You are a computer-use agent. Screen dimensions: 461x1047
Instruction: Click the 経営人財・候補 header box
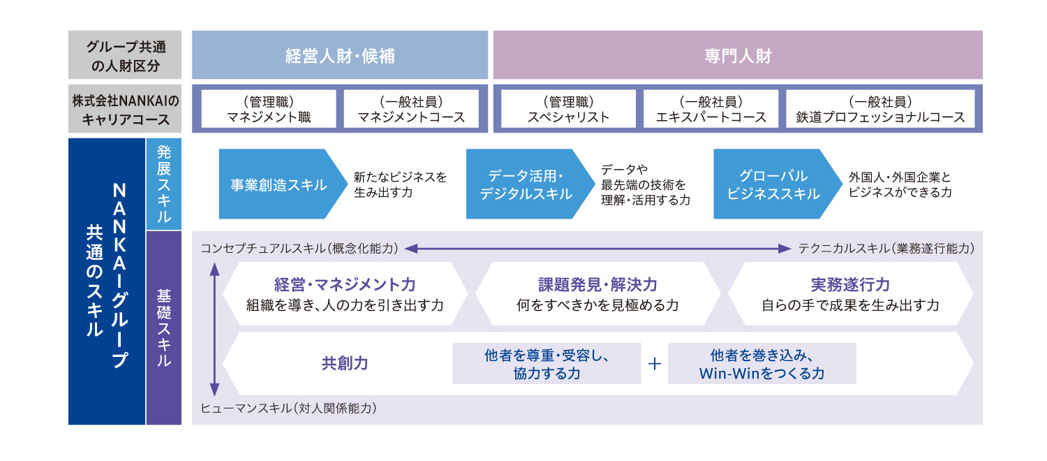point(340,55)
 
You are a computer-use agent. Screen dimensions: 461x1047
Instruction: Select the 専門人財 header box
point(738,55)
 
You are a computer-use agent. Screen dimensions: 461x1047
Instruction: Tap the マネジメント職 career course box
point(269,109)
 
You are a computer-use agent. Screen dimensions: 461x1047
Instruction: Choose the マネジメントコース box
point(411,109)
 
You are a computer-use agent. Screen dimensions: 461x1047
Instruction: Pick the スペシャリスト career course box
point(566,109)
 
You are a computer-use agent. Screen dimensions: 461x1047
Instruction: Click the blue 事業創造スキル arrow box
point(279,184)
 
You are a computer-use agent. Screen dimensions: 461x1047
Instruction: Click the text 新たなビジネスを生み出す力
point(400,184)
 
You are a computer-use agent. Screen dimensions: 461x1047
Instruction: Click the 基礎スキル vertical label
point(163,328)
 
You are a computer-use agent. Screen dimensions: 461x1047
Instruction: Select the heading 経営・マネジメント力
point(345,285)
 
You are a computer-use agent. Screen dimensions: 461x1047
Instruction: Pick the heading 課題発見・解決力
point(597,285)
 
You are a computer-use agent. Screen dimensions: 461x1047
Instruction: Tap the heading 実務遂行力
point(850,285)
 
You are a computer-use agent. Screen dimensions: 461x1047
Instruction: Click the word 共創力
point(345,363)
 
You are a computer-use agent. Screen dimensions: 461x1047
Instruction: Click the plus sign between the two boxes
point(654,363)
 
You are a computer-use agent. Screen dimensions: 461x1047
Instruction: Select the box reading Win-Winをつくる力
point(762,363)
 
